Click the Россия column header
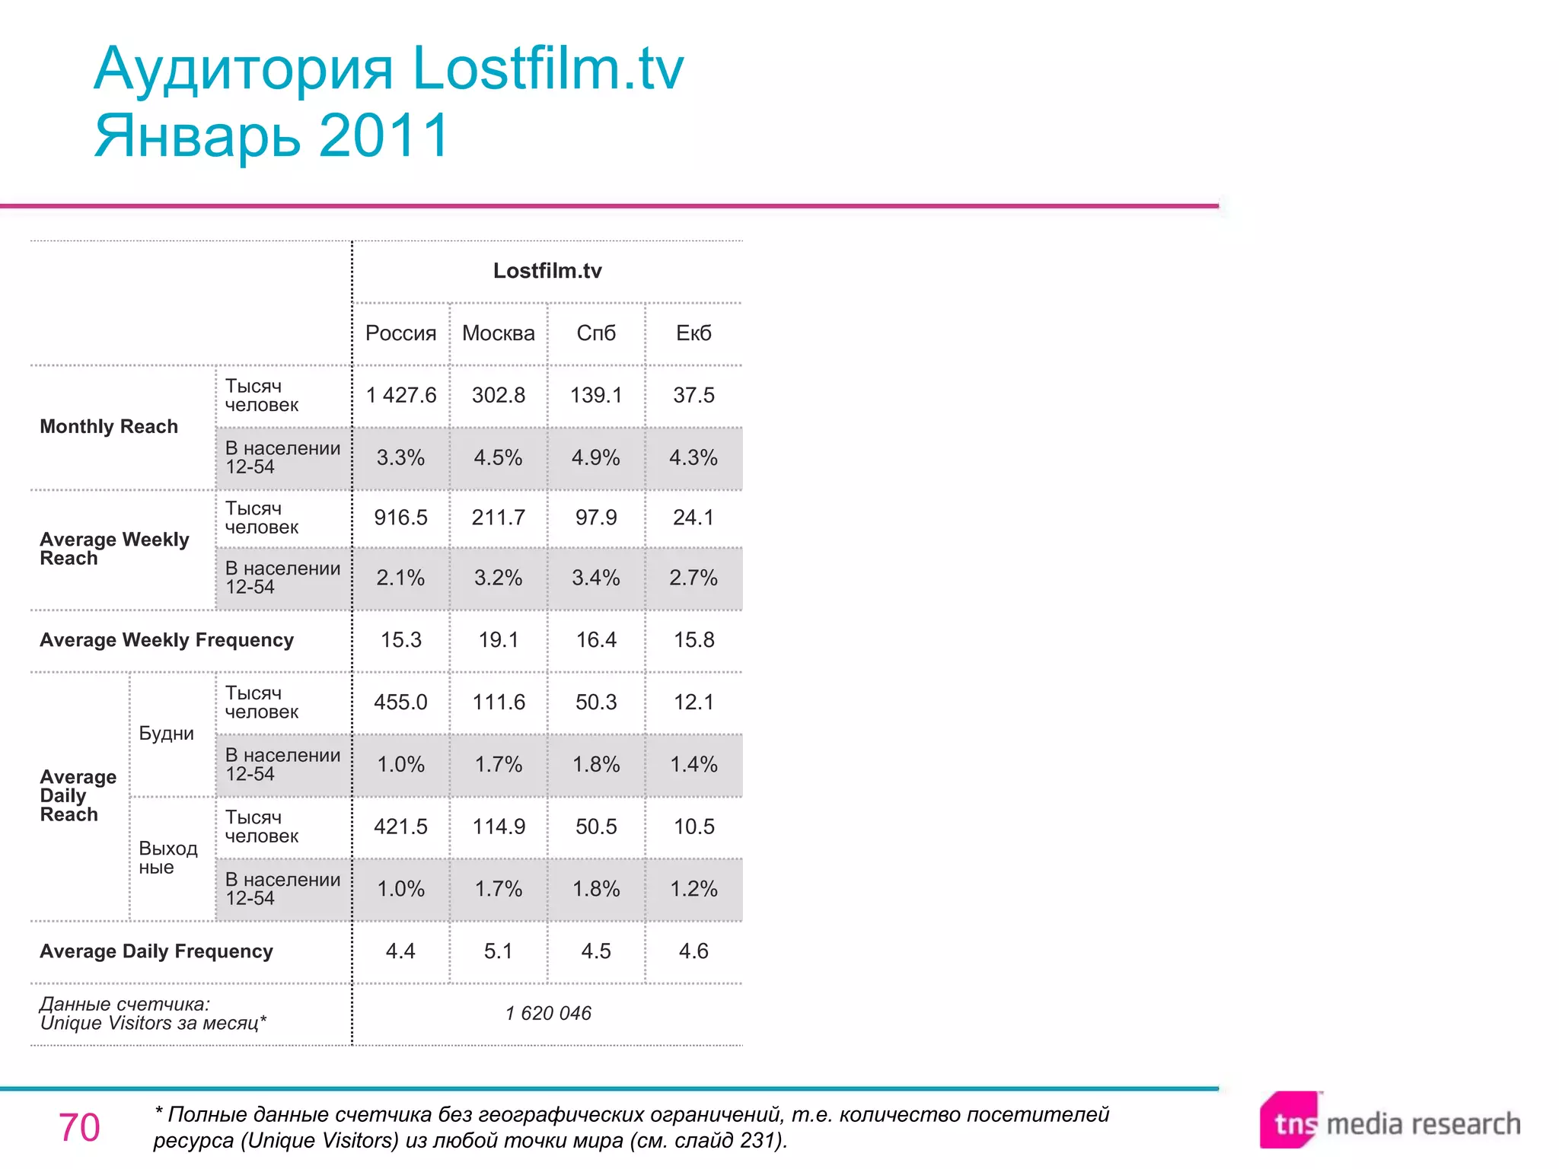click(x=400, y=333)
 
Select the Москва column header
click(x=498, y=333)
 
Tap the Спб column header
click(x=596, y=333)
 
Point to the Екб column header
click(x=693, y=333)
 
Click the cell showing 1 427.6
click(x=400, y=395)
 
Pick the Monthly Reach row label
click(x=109, y=426)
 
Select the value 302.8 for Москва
click(x=498, y=395)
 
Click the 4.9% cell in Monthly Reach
click(x=596, y=457)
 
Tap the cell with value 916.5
click(x=400, y=518)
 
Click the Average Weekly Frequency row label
click(x=167, y=640)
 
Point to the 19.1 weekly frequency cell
click(x=498, y=640)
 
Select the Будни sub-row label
click(x=166, y=734)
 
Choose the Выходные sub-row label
click(x=167, y=858)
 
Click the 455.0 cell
click(x=400, y=702)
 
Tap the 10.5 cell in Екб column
click(x=693, y=827)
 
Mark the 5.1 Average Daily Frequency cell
click(x=498, y=951)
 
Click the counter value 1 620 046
click(x=548, y=1013)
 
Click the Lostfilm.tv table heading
click(x=547, y=271)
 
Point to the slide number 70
click(x=79, y=1127)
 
